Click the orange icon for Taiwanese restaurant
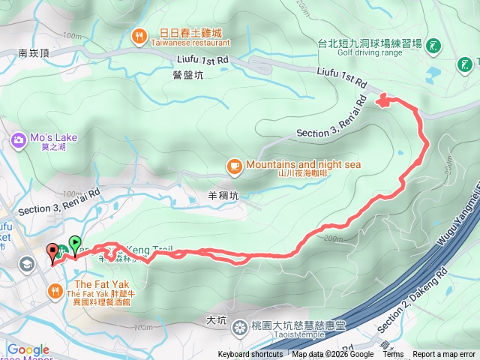pos(139,35)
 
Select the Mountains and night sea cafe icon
pos(234,165)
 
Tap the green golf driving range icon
pos(433,47)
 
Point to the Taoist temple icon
pos(240,327)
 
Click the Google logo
pos(28,349)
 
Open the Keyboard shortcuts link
pos(250,355)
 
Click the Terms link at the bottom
pos(393,355)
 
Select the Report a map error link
pos(444,355)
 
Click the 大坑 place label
pos(216,320)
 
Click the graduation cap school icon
pos(26,264)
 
